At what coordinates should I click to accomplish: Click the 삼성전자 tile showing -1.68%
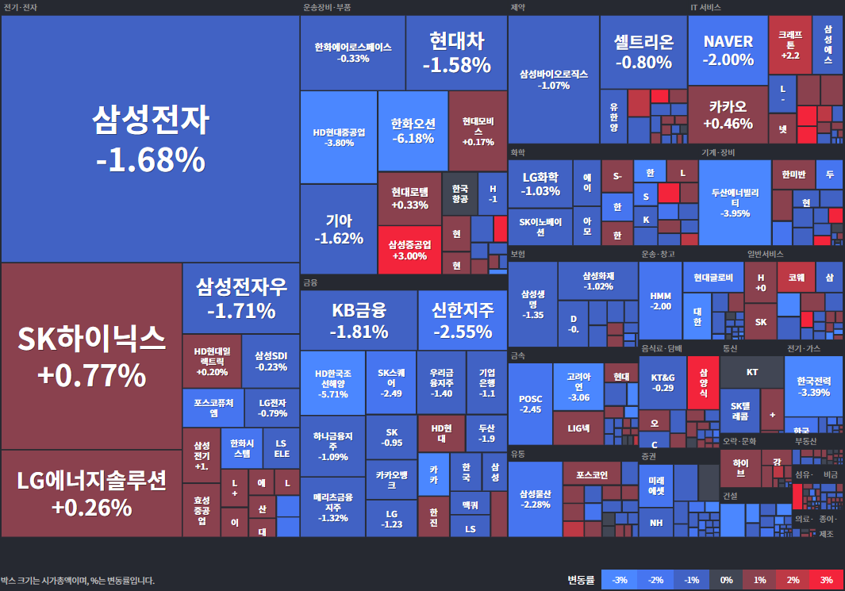click(150, 139)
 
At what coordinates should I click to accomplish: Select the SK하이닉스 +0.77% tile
click(91, 356)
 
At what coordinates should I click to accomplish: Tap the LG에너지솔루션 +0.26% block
click(91, 493)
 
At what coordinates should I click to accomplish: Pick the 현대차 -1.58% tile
click(456, 52)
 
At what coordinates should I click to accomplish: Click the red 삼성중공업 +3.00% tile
click(409, 250)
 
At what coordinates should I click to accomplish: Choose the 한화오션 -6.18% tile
click(413, 131)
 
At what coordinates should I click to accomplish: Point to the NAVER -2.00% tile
click(728, 49)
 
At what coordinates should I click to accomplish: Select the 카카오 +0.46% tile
click(728, 114)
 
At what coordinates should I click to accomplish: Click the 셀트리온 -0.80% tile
click(643, 52)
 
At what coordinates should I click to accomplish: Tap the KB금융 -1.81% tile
click(359, 320)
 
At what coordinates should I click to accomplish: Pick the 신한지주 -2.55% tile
click(463, 320)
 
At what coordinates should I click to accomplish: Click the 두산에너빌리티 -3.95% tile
click(735, 202)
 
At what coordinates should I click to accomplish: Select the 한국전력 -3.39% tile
click(813, 386)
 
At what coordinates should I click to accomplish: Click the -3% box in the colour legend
click(620, 580)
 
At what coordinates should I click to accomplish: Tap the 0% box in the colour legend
click(725, 580)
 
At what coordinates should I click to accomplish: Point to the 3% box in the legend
click(826, 580)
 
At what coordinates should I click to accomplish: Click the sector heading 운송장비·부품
click(327, 7)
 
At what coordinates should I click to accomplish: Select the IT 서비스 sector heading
click(705, 7)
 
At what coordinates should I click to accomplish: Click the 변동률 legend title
click(580, 580)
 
